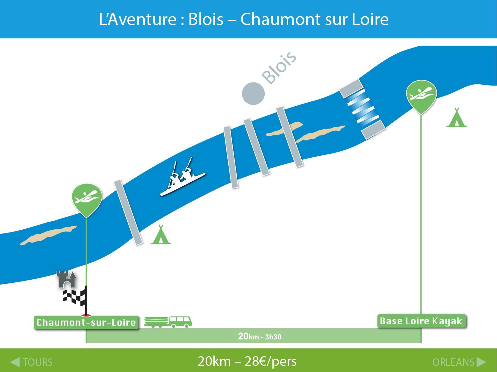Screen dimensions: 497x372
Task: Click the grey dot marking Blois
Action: click(x=253, y=94)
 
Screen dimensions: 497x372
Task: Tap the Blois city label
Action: click(x=279, y=68)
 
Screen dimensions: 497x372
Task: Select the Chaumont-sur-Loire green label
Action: click(x=86, y=322)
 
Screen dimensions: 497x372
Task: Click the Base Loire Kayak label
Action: click(x=421, y=321)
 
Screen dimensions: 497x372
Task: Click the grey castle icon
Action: click(x=66, y=279)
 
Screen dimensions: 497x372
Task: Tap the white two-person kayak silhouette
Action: click(x=182, y=177)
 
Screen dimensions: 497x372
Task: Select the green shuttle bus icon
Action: click(x=180, y=322)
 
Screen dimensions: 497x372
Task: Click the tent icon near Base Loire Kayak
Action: click(x=457, y=117)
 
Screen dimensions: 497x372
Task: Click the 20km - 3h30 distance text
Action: click(x=259, y=336)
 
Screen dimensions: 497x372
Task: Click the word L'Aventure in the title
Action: click(x=138, y=19)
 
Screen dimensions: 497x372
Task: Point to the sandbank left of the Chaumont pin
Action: click(x=48, y=235)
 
